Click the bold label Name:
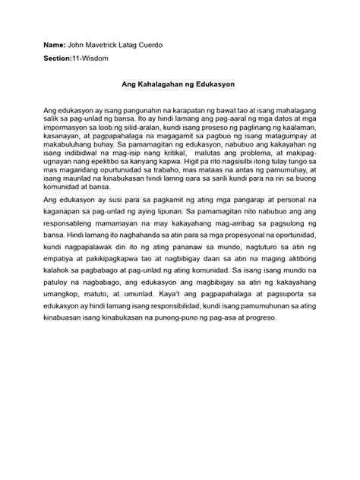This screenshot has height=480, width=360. [55, 46]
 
